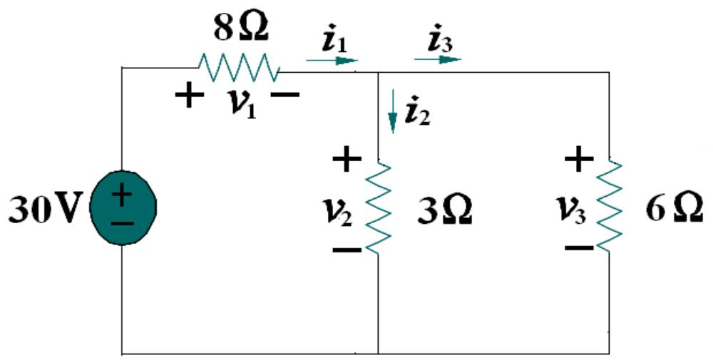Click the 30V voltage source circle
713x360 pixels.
123,207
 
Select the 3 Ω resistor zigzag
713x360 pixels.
379,207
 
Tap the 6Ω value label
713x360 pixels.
674,212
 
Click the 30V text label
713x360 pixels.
43,210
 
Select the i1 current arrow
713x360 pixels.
332,61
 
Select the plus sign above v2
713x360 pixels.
347,160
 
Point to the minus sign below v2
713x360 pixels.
347,250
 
